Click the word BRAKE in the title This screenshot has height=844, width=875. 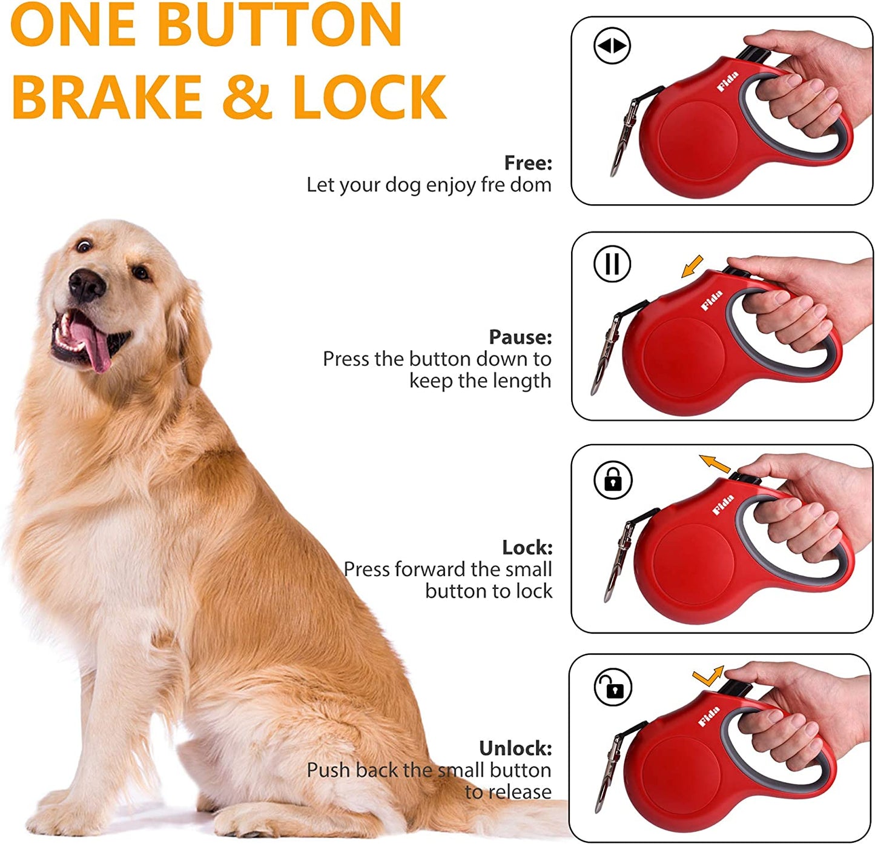point(107,97)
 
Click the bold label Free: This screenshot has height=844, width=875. point(528,162)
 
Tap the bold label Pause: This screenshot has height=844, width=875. point(520,336)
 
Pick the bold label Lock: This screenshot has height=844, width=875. point(527,547)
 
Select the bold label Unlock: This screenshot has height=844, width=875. point(515,748)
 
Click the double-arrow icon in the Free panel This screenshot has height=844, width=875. point(612,46)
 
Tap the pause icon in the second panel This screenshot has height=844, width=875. point(612,264)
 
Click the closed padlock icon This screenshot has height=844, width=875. point(613,480)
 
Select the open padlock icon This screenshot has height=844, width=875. point(613,688)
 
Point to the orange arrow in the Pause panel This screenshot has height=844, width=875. point(692,266)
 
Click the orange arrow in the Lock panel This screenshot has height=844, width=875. point(715,464)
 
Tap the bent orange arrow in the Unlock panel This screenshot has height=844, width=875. point(708,676)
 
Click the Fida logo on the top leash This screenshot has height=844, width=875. point(727,82)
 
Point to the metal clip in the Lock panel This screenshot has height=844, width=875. point(619,560)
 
